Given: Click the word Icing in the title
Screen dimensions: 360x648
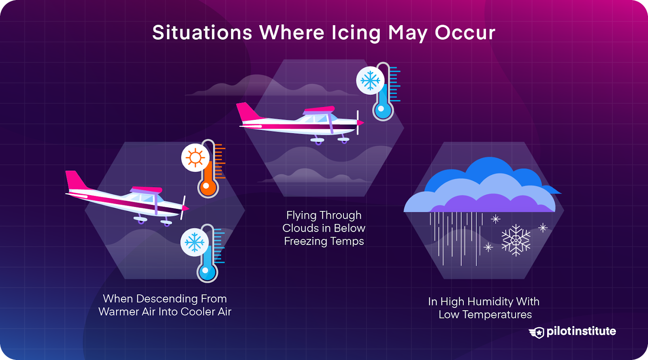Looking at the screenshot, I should point(356,33).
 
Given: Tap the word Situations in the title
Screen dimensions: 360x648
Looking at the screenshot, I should point(202,33).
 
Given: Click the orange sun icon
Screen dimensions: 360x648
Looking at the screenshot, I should point(195,158).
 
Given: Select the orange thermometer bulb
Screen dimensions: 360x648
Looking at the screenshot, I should point(208,187).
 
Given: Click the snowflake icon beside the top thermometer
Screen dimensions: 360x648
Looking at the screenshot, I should point(370,81).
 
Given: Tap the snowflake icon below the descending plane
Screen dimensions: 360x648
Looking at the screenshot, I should point(194,243).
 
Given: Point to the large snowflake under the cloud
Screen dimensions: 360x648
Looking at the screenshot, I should point(516,240).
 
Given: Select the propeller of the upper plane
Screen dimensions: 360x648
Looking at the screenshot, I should point(358,122).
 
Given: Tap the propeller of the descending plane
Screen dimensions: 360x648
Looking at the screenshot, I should point(183,208).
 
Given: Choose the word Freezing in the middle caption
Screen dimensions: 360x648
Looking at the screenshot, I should point(306,241).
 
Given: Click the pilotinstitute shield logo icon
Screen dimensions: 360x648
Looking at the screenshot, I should point(537,332).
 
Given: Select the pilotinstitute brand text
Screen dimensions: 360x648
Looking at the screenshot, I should point(581,331).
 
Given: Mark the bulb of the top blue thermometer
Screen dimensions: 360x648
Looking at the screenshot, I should point(382,109).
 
